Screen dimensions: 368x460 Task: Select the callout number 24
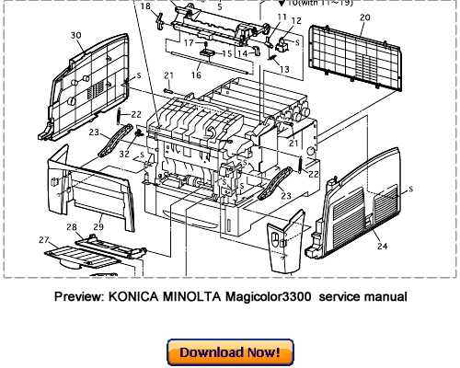(381, 246)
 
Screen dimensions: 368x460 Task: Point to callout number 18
(144, 6)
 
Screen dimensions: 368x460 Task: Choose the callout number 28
(71, 226)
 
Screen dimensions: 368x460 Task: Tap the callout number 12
(295, 20)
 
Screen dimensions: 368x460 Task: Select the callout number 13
(284, 69)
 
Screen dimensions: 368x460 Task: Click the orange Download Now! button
(229, 351)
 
